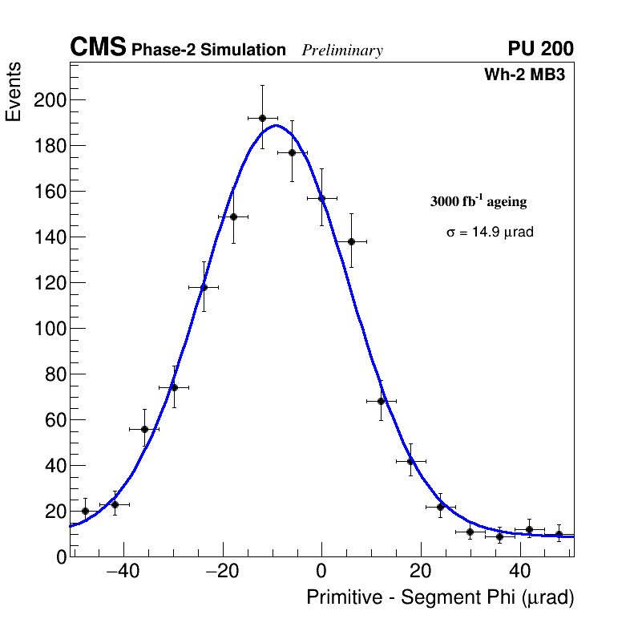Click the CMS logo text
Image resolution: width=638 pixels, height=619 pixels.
(98, 48)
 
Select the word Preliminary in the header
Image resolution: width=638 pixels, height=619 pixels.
(342, 51)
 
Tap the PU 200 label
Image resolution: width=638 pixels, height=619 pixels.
(540, 49)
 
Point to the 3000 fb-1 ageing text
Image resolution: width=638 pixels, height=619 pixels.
(478, 201)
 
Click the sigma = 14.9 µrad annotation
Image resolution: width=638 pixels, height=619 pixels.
(490, 233)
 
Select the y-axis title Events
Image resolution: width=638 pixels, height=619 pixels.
(14, 91)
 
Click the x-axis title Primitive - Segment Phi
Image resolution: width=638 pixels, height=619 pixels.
(440, 597)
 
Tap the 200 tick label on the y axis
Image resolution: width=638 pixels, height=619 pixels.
(47, 100)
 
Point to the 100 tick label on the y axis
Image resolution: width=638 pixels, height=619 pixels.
(47, 329)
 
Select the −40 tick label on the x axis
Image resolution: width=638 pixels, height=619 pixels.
(122, 572)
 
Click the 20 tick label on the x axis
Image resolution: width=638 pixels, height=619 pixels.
(421, 572)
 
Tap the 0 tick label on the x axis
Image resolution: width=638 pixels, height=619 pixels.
(321, 572)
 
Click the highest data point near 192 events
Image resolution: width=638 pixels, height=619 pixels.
(262, 118)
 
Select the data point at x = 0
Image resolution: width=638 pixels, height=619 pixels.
(321, 198)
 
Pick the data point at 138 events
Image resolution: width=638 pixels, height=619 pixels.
(351, 241)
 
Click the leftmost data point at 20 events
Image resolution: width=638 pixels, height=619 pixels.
(85, 511)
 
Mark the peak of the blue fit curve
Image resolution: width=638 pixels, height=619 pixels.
(275, 125)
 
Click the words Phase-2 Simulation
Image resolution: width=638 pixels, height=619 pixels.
(208, 51)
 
